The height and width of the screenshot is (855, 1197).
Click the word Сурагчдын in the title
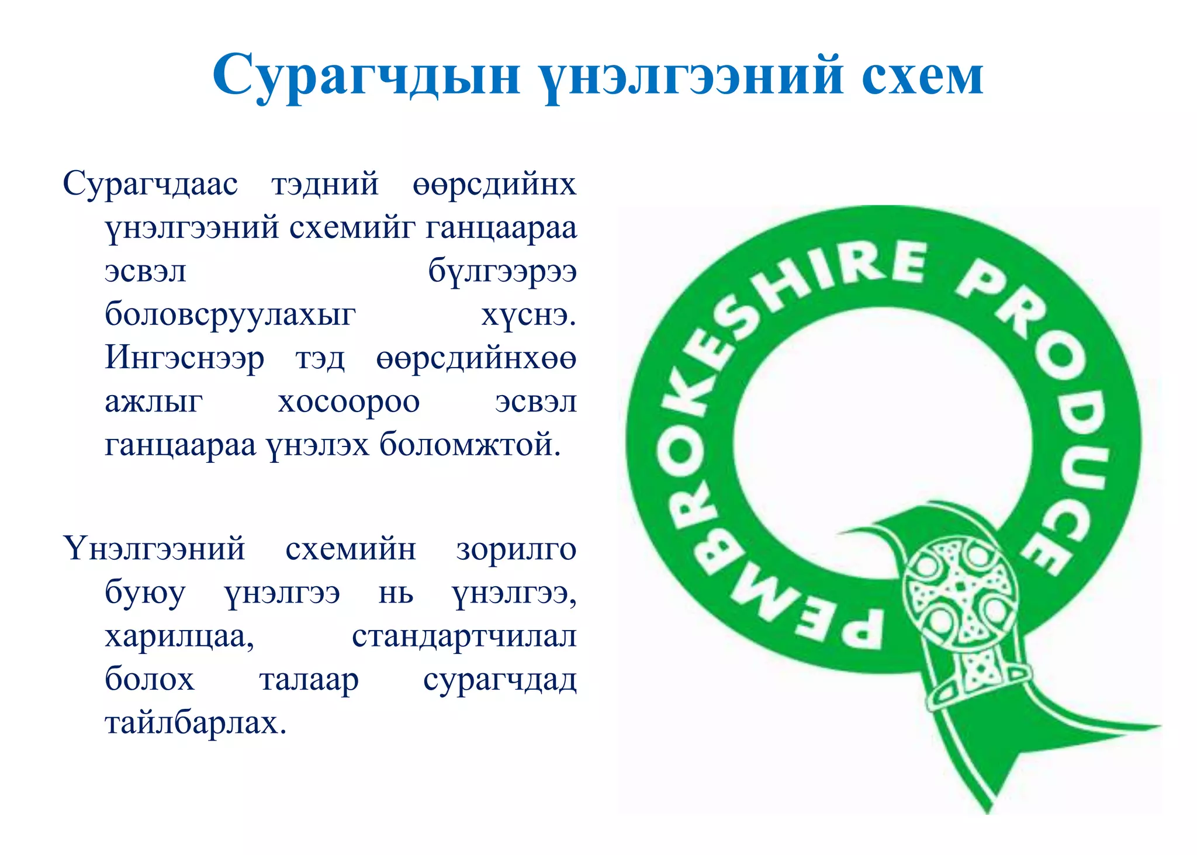click(x=366, y=76)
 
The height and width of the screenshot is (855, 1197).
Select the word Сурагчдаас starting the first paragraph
click(x=150, y=184)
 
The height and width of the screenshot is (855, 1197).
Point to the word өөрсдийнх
click(x=494, y=184)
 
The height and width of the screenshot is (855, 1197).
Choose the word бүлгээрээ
click(x=503, y=271)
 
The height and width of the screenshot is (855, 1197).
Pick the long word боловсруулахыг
click(x=230, y=315)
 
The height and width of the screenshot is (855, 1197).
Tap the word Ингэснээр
click(x=185, y=358)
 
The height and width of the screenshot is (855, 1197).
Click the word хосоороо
click(x=349, y=402)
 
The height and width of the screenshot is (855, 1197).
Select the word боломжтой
click(x=470, y=445)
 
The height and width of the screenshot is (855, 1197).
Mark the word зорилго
click(x=517, y=549)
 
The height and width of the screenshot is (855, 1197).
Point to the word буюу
click(x=145, y=594)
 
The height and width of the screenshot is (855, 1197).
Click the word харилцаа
click(x=179, y=636)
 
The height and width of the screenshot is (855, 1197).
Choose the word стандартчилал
click(x=464, y=636)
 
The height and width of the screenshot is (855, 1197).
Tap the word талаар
click(x=309, y=680)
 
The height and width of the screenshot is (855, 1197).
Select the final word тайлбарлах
click(x=196, y=724)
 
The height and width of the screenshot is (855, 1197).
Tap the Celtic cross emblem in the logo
click(x=959, y=590)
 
